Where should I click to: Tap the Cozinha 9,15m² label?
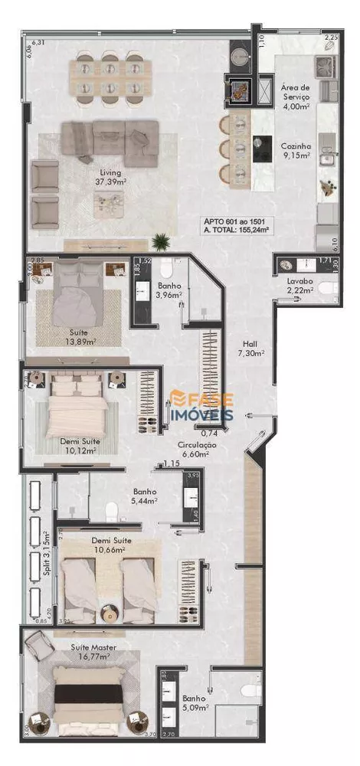(294, 150)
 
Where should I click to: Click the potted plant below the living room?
(161, 242)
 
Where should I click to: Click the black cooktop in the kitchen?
(263, 146)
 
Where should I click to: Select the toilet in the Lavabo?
(327, 288)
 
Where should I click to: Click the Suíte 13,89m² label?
(79, 337)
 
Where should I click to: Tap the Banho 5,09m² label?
(194, 702)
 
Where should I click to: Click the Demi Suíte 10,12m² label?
(80, 446)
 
